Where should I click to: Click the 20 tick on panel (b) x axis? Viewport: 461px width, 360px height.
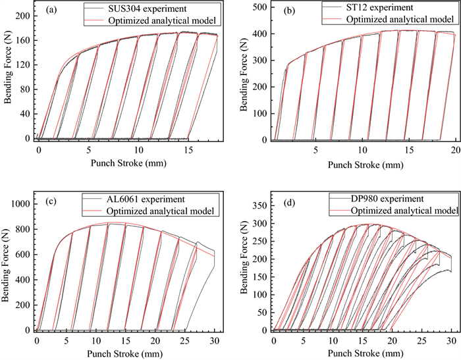(x=455, y=151)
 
